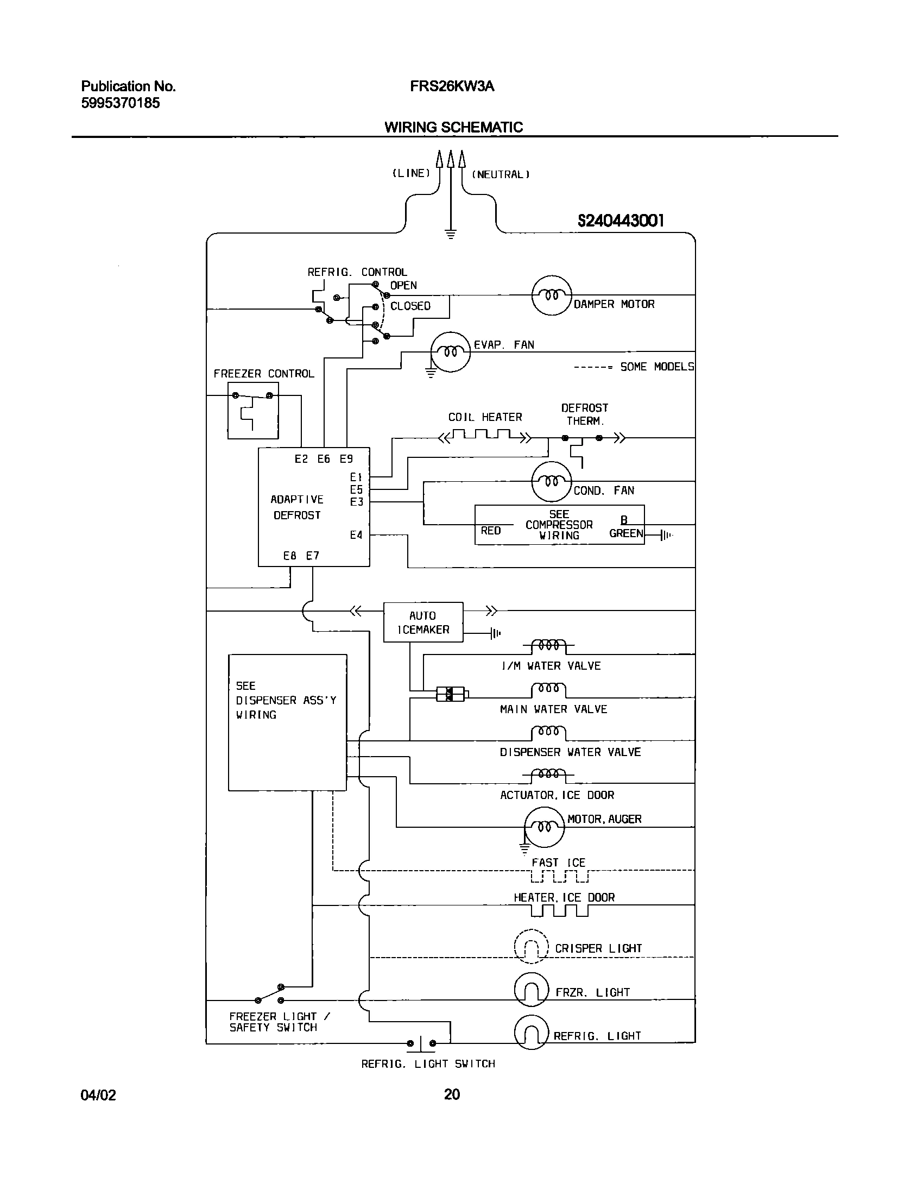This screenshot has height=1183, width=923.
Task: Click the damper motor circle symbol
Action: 551,295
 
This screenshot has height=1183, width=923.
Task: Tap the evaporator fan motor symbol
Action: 450,351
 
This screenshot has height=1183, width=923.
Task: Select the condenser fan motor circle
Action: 551,481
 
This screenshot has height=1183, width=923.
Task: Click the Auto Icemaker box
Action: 423,622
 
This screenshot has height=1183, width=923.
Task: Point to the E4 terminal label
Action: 356,535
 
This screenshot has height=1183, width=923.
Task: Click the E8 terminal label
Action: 290,556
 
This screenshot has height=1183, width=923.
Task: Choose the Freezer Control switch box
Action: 253,410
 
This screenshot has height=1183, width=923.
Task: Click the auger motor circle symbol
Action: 544,827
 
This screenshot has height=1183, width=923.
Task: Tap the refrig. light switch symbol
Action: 421,1043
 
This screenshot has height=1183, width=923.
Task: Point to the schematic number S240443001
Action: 621,221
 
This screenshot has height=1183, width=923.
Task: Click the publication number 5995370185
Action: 121,103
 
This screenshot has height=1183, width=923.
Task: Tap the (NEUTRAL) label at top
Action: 500,174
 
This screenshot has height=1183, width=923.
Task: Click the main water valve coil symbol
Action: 548,690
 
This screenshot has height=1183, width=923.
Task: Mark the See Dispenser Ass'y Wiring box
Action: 287,722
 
